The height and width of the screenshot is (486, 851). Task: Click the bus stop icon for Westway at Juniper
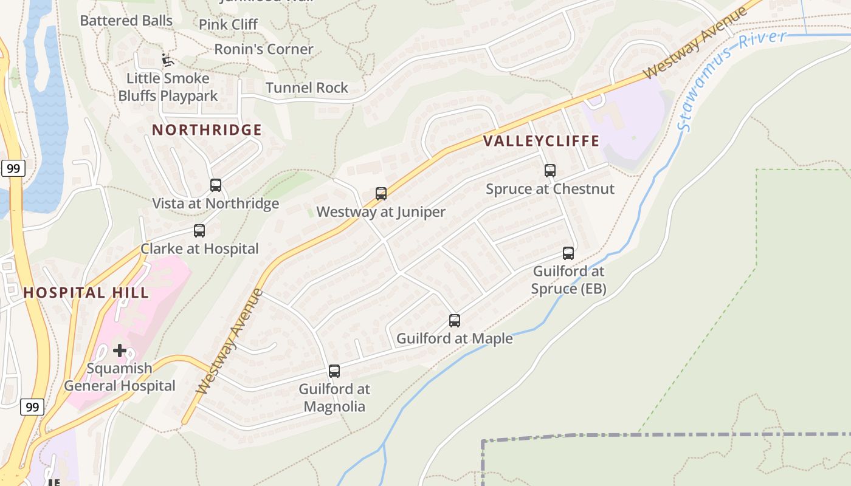pos(381,194)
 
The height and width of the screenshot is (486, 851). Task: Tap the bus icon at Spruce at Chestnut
pos(550,171)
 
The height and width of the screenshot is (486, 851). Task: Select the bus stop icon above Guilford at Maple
pos(455,321)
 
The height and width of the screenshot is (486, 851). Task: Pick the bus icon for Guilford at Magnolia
pos(334,371)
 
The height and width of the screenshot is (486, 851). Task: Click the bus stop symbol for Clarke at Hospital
pos(199,231)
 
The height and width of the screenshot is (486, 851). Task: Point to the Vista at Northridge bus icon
pos(216,185)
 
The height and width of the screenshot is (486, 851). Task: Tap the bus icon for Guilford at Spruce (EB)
pos(568,253)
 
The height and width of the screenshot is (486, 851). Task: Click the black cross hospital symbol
pos(120,351)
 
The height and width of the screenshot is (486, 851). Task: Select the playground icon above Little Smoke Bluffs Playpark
pos(168,60)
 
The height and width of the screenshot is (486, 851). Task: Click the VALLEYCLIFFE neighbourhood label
pos(542,142)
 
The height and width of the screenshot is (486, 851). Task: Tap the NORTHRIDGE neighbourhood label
pos(207,130)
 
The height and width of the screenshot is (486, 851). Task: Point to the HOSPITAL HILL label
pos(86,293)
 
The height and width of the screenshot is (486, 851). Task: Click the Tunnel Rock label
pos(307,88)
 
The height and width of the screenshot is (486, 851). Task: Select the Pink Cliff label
pos(229,25)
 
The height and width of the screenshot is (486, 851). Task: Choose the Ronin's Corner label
pos(264,49)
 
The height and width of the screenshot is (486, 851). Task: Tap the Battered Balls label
pos(126,21)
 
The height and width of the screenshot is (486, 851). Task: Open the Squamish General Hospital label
pos(120,377)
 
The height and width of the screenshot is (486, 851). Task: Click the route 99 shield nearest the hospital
pos(32,406)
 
